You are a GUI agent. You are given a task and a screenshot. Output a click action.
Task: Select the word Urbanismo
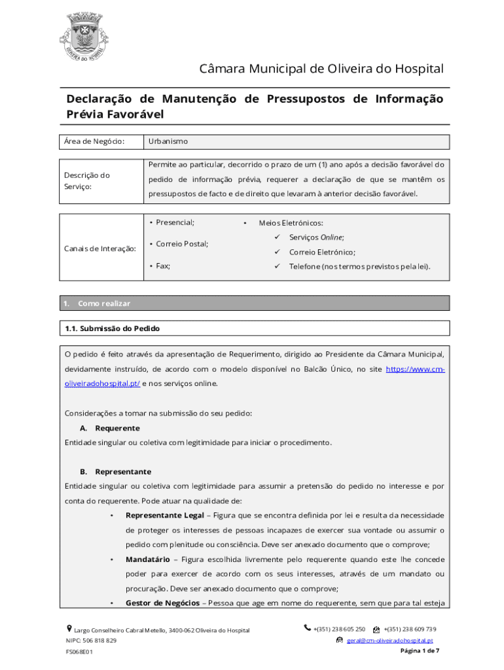coord(168,141)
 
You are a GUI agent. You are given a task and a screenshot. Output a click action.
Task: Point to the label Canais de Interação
coord(100,249)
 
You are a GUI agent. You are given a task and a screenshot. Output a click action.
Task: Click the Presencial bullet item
coord(174,222)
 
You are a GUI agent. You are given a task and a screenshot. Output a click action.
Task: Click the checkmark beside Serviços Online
coord(277,238)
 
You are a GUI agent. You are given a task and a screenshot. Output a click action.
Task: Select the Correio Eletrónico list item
coord(322,252)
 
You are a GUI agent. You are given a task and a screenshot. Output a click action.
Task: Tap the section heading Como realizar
coord(104,304)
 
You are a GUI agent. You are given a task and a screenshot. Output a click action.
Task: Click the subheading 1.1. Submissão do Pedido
coord(112,328)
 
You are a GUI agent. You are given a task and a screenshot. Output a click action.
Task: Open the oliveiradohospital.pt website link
coord(101,383)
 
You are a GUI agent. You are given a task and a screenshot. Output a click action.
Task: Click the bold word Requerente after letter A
coord(117,428)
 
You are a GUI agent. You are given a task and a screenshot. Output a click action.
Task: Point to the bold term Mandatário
coord(149,559)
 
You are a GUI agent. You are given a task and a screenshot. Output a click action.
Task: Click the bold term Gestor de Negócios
coord(162,603)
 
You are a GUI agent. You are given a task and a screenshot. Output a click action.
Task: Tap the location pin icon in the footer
coord(69,629)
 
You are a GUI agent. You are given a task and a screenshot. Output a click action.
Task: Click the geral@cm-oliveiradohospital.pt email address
coord(389,641)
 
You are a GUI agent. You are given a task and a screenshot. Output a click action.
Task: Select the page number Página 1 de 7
coord(419,652)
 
